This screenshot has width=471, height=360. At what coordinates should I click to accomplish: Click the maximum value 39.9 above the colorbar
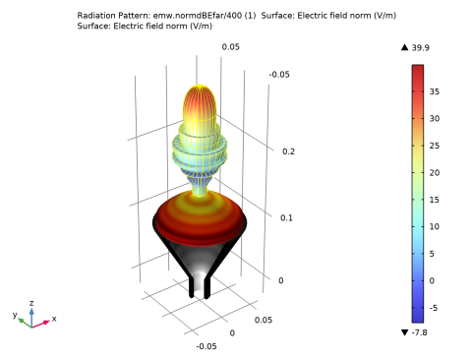[x=421, y=48]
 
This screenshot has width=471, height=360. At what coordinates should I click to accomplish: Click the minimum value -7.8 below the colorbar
[x=419, y=332]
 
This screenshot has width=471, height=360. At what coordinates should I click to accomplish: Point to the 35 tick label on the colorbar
[x=435, y=91]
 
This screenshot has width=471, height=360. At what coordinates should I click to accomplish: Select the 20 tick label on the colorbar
[x=435, y=173]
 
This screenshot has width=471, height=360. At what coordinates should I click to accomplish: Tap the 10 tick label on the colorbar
[x=435, y=227]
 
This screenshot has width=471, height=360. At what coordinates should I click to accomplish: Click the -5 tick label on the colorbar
[x=434, y=308]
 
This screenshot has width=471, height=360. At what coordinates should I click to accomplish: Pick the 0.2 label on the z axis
[x=288, y=151]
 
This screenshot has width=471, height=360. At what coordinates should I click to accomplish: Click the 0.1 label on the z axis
[x=286, y=218]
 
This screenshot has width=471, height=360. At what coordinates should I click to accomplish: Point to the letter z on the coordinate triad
[x=31, y=303]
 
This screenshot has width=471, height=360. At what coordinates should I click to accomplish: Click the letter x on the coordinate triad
[x=54, y=319]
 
